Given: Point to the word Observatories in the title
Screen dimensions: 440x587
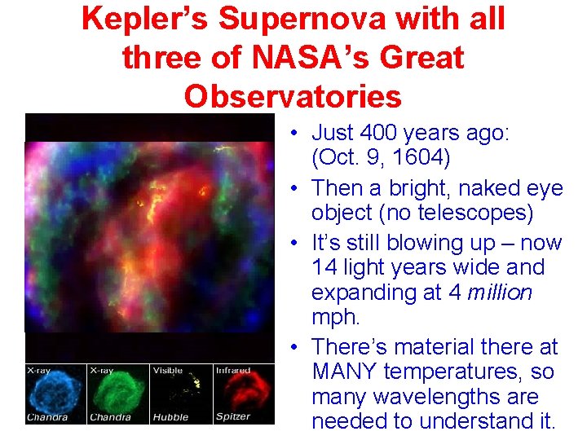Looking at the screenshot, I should tap(293, 96).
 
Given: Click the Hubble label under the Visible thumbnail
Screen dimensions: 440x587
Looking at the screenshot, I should tap(170, 418).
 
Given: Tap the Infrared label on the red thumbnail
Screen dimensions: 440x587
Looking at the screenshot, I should tap(233, 371).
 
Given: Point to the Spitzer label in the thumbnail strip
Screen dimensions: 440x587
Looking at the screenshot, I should tap(233, 418).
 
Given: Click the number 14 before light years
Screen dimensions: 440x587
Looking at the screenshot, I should tap(324, 267).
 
